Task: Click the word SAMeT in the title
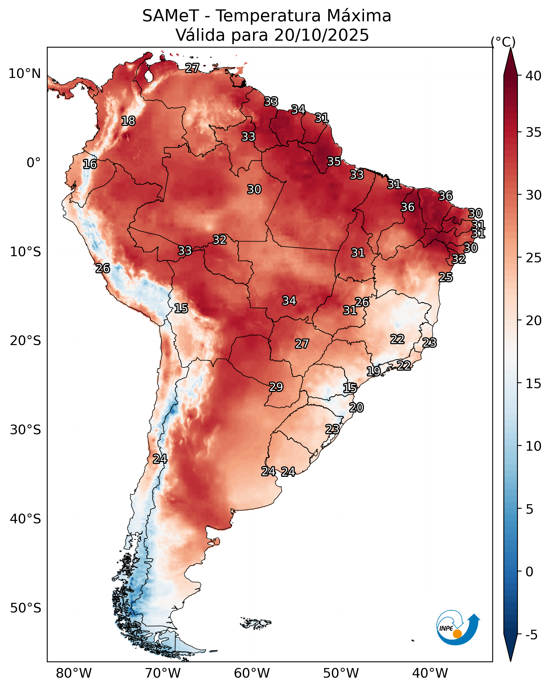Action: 171,16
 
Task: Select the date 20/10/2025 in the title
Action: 321,35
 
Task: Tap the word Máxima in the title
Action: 359,16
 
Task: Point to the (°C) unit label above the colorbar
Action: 503,42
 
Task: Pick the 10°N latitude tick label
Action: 24,74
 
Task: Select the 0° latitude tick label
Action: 34,163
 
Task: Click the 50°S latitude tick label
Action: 26,608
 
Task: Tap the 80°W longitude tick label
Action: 74,673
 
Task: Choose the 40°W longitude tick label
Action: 430,673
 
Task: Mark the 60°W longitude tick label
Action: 252,673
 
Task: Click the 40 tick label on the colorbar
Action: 534,76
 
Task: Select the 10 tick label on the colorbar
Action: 534,446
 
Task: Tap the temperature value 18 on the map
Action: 128,121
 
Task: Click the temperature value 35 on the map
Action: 334,161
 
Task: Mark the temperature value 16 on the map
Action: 90,164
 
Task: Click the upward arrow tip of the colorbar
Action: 510,48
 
